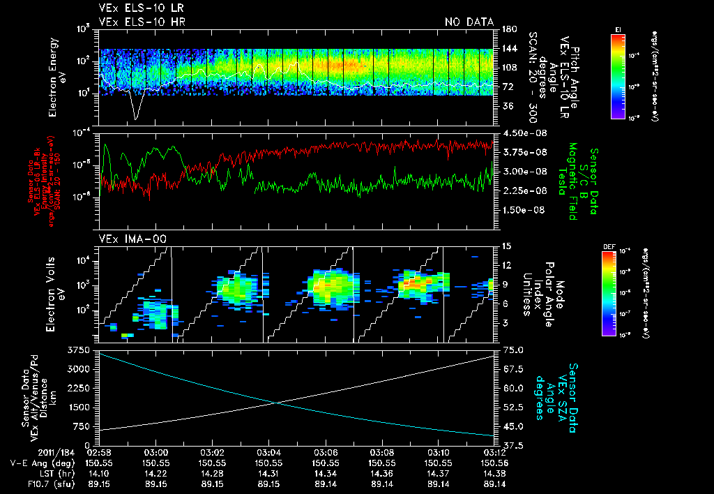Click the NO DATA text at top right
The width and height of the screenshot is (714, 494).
pos(469,22)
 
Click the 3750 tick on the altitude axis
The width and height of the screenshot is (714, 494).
pos(79,349)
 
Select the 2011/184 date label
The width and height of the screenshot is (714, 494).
pos(33,452)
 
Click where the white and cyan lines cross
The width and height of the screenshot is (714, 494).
pos(277,403)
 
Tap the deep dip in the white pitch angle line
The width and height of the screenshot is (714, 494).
pos(135,117)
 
